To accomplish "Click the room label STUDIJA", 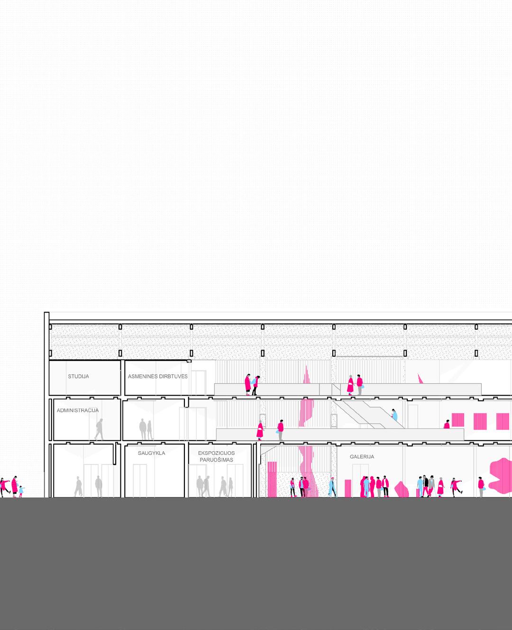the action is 78,377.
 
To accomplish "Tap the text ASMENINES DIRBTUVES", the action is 157,377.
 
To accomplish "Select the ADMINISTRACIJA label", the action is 78,410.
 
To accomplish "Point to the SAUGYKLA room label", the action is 151,453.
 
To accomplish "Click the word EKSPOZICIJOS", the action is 216,453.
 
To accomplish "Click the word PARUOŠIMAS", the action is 216,460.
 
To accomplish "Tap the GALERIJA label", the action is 362,457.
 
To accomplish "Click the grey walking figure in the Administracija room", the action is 99,429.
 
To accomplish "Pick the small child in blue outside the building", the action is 21,491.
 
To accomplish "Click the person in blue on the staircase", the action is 394,416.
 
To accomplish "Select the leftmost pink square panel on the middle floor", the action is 457,421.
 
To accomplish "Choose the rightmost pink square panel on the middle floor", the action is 502,421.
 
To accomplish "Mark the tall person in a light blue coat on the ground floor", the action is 332,486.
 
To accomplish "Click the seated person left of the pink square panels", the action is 447,425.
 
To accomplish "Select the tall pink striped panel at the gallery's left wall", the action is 272,479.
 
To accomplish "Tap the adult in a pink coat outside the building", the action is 15,486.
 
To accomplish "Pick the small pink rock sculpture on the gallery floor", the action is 402,490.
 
